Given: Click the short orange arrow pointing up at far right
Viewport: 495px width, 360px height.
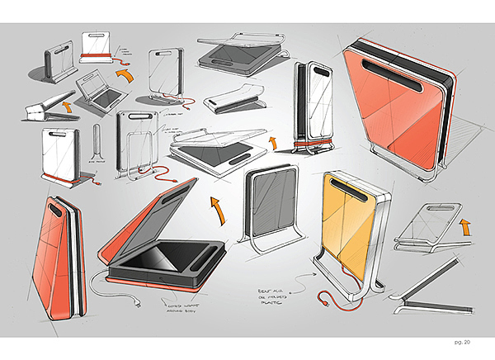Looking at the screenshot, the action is [464, 225].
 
